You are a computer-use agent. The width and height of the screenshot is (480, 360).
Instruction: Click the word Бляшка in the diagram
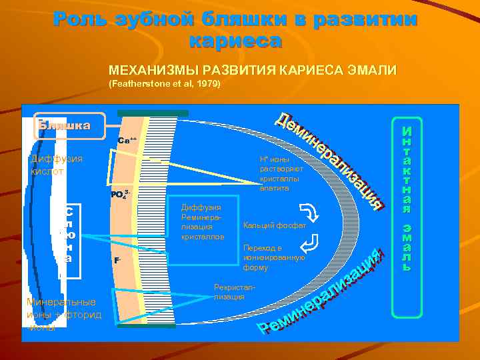click(x=64, y=125)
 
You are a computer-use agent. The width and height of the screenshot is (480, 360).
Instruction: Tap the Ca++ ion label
click(x=127, y=141)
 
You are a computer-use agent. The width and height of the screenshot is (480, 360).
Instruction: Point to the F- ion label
click(x=117, y=260)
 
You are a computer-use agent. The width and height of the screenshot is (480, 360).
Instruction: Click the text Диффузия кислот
click(x=56, y=165)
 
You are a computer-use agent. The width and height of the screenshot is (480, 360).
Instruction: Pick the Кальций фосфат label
click(x=275, y=225)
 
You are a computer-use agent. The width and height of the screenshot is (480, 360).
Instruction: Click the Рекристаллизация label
click(x=229, y=291)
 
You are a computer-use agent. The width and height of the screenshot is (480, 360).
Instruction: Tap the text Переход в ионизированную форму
click(x=274, y=257)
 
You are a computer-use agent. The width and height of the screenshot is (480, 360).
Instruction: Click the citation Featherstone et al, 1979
click(x=164, y=85)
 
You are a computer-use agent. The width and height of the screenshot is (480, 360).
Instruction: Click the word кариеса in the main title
click(x=235, y=41)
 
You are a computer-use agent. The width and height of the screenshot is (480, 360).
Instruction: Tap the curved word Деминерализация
click(x=330, y=156)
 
